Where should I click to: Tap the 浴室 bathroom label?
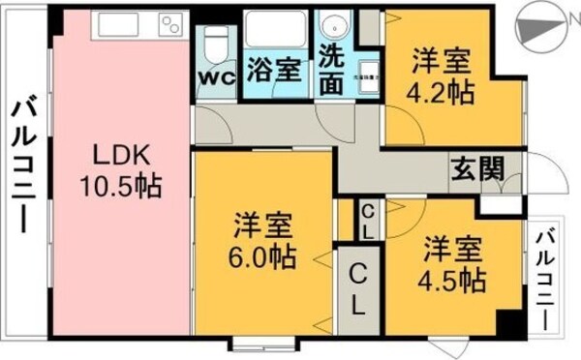[x=272, y=70]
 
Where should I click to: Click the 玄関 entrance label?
[x=476, y=169]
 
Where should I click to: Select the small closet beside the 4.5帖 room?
[x=369, y=222]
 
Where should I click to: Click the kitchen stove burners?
[x=171, y=23]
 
